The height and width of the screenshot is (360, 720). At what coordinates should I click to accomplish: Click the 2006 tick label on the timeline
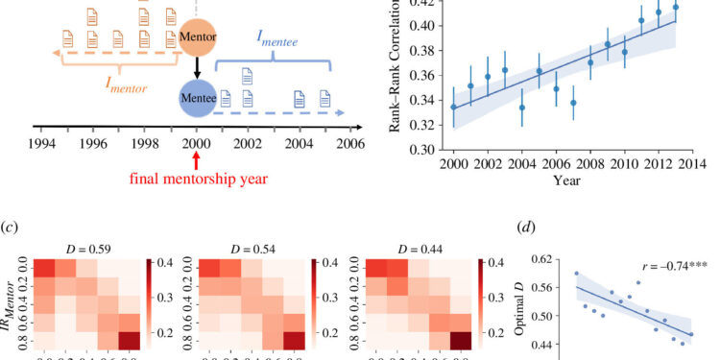[x=349, y=141]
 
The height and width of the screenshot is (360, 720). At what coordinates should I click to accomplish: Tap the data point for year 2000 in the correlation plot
[x=453, y=107]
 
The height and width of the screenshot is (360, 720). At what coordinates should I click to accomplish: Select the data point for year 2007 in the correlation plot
[x=573, y=103]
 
